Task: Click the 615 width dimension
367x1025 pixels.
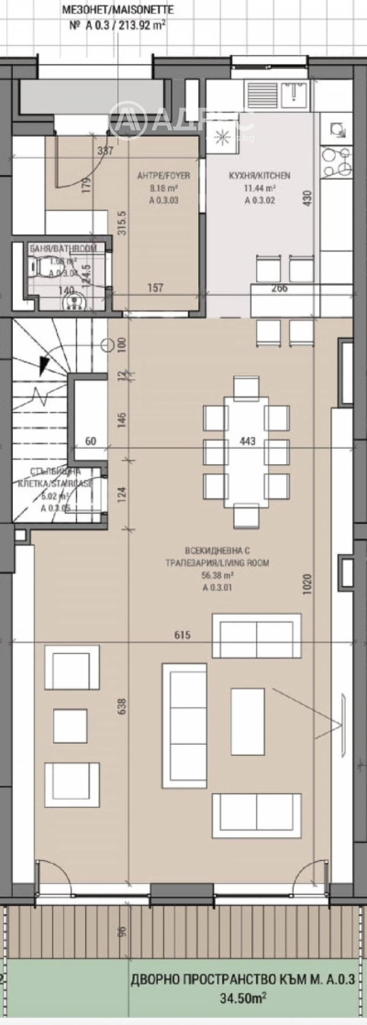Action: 182,634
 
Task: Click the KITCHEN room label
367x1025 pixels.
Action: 259,175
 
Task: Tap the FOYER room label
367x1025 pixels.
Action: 163,175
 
